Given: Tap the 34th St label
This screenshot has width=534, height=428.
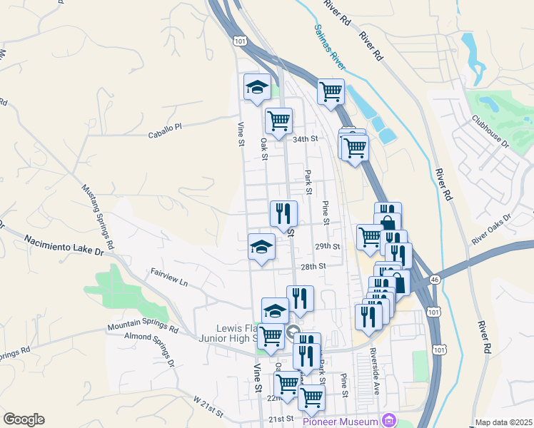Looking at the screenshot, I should [x=304, y=139].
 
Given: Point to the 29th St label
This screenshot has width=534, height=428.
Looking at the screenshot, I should [x=326, y=245].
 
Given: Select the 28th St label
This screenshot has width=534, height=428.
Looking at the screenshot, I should [x=313, y=265].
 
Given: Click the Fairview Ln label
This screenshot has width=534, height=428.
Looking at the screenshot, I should [x=168, y=277].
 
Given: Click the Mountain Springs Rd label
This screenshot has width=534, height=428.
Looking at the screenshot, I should [x=143, y=327].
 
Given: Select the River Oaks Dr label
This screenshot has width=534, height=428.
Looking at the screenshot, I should [x=492, y=227].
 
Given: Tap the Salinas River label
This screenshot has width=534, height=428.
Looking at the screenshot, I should [x=330, y=48].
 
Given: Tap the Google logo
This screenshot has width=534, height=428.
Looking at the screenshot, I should [x=24, y=419].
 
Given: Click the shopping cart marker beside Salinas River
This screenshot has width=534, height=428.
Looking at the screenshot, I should [x=331, y=91].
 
